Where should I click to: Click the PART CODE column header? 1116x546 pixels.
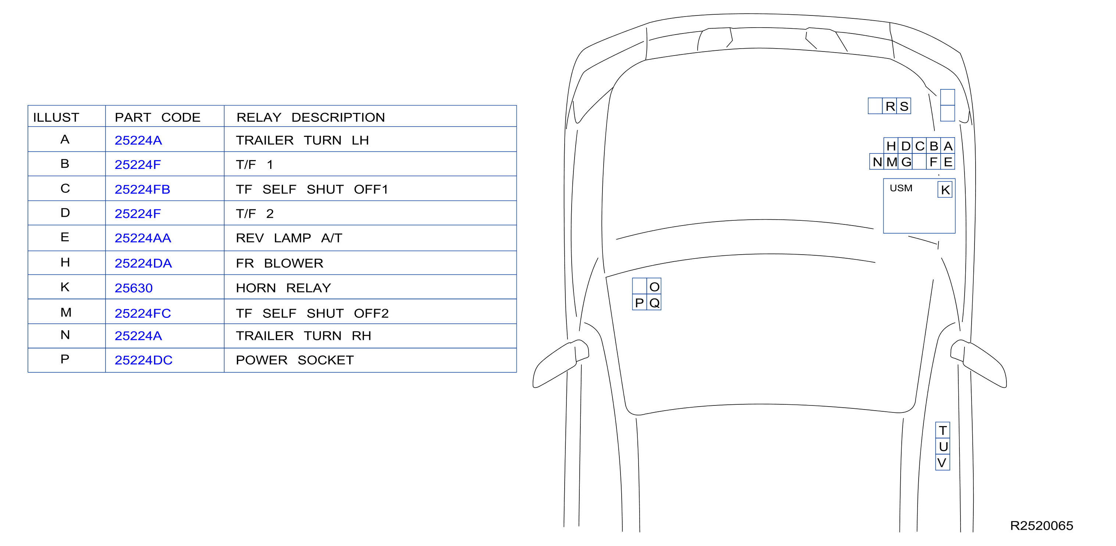point(157,117)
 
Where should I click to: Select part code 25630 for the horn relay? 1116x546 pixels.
point(133,288)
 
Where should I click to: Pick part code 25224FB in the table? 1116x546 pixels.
point(142,189)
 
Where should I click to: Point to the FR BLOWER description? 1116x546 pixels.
point(279,263)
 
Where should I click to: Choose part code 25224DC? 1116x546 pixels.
point(143,360)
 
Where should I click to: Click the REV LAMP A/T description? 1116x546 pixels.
point(289,238)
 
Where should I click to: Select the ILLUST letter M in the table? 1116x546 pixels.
point(66,312)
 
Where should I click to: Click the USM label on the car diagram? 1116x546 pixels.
point(901,188)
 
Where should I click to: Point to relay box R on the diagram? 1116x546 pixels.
point(890,106)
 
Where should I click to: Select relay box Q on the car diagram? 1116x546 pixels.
point(654,303)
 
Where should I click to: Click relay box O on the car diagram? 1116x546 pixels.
point(654,286)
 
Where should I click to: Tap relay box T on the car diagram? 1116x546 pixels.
point(943,430)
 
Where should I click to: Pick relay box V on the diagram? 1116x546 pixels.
point(943,462)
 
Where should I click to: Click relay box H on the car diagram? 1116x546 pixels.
point(891,146)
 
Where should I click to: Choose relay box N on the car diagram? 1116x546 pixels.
point(877,162)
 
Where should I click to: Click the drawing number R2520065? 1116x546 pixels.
point(1041,526)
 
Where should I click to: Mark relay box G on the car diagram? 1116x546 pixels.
point(905,162)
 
